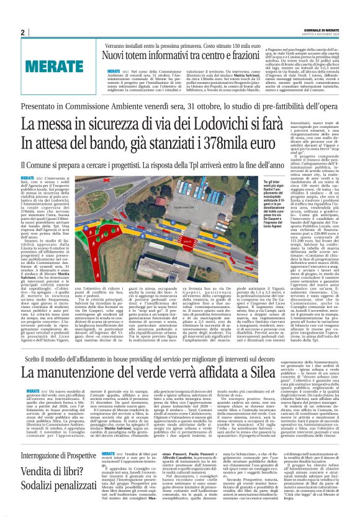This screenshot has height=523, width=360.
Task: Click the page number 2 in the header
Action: click(x=22, y=32)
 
